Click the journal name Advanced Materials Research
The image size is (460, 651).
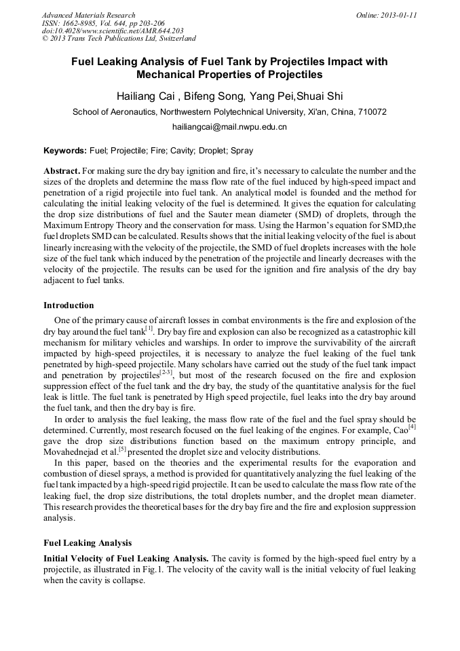(x=88, y=15)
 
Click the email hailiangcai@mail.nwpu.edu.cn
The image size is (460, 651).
(x=229, y=127)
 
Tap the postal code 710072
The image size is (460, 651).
(x=370, y=112)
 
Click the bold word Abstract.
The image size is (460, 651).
(x=62, y=171)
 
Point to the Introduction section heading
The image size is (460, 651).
(x=69, y=305)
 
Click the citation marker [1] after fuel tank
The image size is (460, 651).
(x=150, y=329)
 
